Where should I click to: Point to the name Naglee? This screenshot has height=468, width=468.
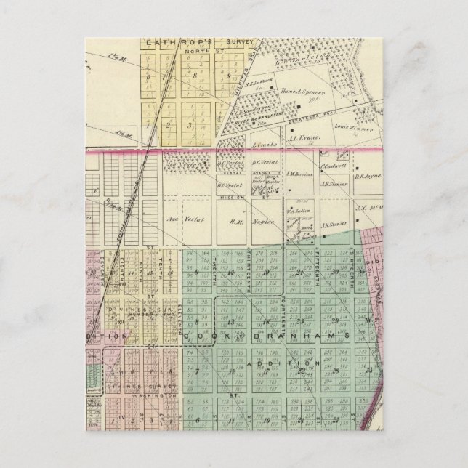tap(269, 222)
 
